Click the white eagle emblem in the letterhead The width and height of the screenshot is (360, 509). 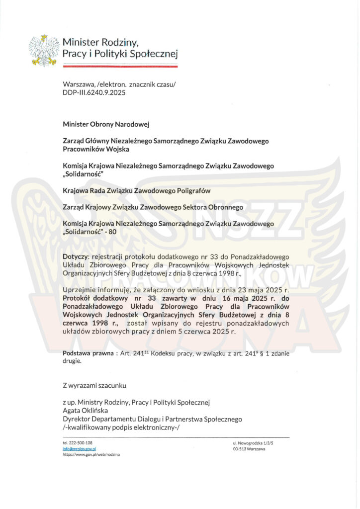44,50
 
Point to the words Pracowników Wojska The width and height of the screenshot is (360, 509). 96,149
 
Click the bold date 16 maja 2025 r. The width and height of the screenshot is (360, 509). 236,298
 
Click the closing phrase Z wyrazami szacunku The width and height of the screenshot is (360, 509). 94,385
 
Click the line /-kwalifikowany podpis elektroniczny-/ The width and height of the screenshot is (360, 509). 126,427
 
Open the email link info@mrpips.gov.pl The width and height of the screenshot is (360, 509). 79,448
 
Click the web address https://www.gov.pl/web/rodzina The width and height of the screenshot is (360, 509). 91,454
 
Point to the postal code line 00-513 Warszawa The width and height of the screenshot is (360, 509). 249,449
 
